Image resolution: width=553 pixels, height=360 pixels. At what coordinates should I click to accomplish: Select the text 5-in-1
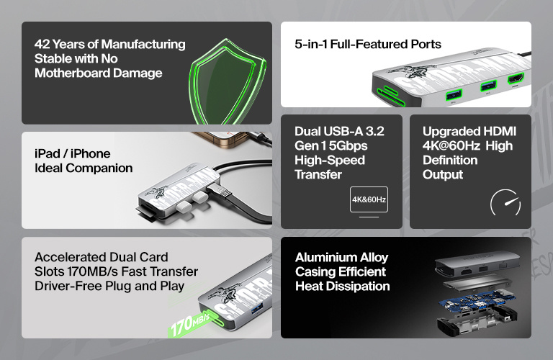[312, 44]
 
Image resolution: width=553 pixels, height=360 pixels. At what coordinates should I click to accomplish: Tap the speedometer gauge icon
[505, 204]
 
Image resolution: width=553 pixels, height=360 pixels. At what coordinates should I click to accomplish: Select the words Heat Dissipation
[342, 287]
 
